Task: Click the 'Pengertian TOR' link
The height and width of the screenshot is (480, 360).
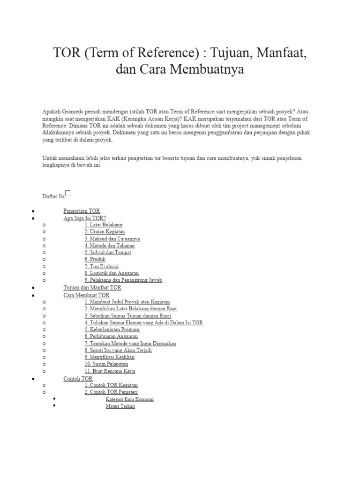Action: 82,211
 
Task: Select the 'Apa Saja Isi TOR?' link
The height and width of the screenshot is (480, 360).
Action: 84,218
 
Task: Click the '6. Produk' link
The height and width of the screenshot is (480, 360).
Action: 95,259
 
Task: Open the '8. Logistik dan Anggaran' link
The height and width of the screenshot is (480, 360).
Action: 112,273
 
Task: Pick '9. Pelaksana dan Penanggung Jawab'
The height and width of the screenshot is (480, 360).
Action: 123,280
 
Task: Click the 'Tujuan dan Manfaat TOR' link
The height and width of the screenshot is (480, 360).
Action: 92,287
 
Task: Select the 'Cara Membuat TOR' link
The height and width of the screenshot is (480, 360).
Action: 86,295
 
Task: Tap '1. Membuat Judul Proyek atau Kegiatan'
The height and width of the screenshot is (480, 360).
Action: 127,302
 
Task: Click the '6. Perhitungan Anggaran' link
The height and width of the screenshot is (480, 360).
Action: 111,337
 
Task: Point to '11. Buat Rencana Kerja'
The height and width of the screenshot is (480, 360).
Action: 110,371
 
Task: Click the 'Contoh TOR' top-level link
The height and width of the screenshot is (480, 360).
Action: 78,378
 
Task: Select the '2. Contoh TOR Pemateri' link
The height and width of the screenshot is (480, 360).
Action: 111,392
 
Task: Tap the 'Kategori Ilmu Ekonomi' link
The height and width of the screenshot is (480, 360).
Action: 130,399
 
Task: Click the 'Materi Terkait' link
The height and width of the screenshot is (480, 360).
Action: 120,406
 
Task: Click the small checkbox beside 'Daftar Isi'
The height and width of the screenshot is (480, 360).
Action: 68,193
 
